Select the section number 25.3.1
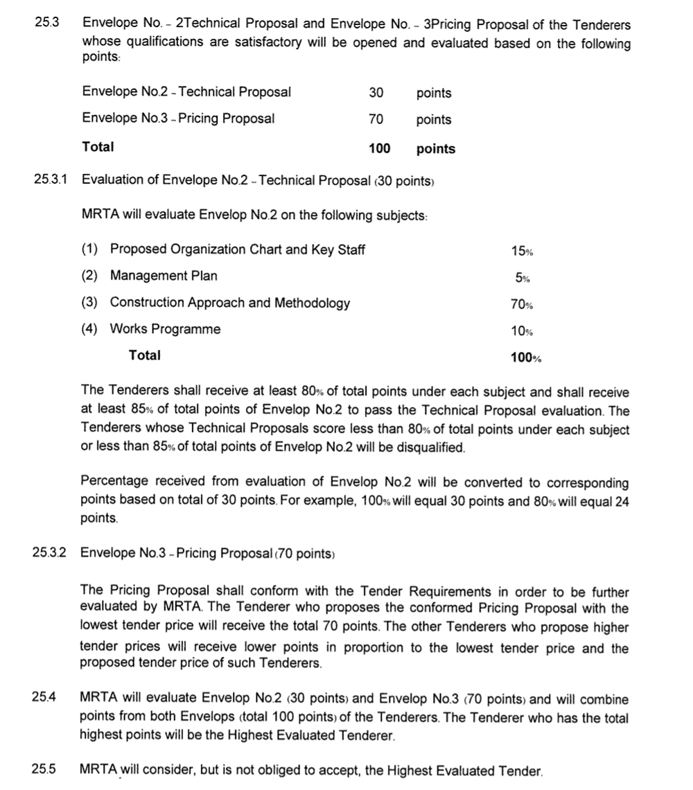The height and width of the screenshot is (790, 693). tap(51, 180)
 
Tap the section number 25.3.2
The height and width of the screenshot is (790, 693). tap(50, 552)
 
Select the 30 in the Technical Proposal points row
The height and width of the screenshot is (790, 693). tap(376, 92)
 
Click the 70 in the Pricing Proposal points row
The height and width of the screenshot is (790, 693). tap(376, 119)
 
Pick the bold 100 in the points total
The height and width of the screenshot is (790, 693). tap(380, 148)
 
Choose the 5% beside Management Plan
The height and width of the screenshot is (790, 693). tap(523, 277)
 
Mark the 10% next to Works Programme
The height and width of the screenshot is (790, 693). tap(522, 331)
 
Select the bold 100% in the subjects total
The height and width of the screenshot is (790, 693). tap(525, 358)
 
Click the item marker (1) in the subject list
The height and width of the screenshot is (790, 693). tap(90, 249)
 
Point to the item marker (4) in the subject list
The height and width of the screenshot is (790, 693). tap(90, 329)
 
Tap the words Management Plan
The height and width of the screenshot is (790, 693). tap(164, 276)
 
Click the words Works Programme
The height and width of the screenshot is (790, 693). tap(165, 329)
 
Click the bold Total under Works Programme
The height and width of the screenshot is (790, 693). tap(144, 355)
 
